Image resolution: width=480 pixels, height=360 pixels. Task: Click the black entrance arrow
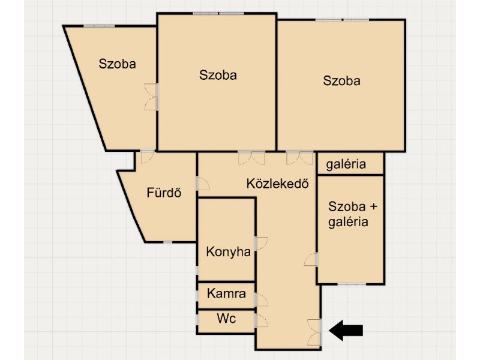pos(346,331)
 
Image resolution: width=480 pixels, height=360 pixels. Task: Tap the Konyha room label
pos(229,252)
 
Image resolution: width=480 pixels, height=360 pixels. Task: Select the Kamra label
pos(226,293)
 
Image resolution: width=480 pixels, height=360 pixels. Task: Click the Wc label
pos(226,319)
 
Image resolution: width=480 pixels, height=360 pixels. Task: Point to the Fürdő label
pos(164,193)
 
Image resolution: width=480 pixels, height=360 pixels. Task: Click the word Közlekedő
pos(277,184)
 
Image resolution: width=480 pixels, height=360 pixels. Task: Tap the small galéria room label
pos(346,164)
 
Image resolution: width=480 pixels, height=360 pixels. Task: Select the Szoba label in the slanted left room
pos(117,64)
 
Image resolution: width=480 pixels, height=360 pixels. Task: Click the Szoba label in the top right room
pos(341,81)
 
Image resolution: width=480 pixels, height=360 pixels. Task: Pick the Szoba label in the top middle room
pos(218,75)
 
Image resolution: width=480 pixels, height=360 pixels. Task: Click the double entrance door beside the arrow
pos(314,332)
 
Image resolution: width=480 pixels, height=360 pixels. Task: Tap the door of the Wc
pos(261,320)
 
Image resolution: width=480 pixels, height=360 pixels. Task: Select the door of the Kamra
pos(261,300)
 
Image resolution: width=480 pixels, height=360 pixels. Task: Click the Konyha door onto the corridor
pos(261,244)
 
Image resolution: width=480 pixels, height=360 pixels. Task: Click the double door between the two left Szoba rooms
pos(152,97)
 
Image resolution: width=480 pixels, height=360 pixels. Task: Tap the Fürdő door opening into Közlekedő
pos(203,184)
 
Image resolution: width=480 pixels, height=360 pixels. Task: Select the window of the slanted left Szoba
pos(99,26)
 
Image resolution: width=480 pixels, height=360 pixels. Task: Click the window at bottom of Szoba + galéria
pos(352,284)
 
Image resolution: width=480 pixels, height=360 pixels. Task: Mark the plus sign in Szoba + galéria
pos(373,207)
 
